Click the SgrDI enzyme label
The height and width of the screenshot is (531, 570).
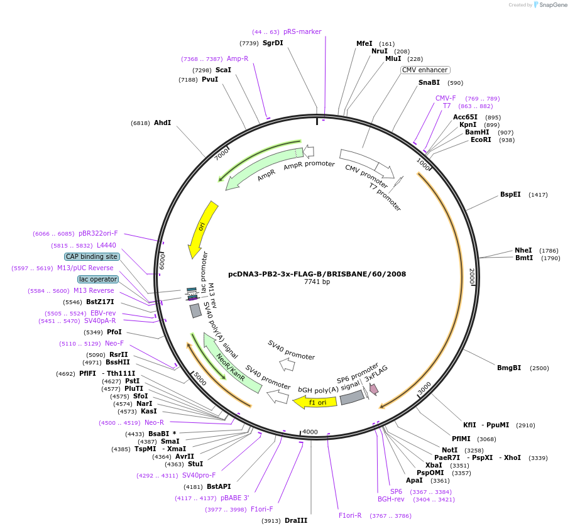273,43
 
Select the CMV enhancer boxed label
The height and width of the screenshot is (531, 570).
425,70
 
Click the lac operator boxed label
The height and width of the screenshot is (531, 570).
98,279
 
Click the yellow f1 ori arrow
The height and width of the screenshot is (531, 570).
315,402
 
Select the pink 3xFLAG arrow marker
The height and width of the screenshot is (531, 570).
374,390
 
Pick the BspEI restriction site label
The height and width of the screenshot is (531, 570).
510,195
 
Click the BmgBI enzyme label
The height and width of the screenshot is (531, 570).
509,368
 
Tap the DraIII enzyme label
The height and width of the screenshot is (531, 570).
296,520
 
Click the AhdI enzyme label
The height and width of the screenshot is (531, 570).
162,123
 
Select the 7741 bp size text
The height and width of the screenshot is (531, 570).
317,282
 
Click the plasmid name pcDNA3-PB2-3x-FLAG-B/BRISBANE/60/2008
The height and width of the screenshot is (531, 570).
317,274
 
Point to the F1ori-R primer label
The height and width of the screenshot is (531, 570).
350,515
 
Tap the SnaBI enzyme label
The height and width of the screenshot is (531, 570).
429,83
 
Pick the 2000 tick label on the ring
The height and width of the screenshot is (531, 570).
471,276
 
